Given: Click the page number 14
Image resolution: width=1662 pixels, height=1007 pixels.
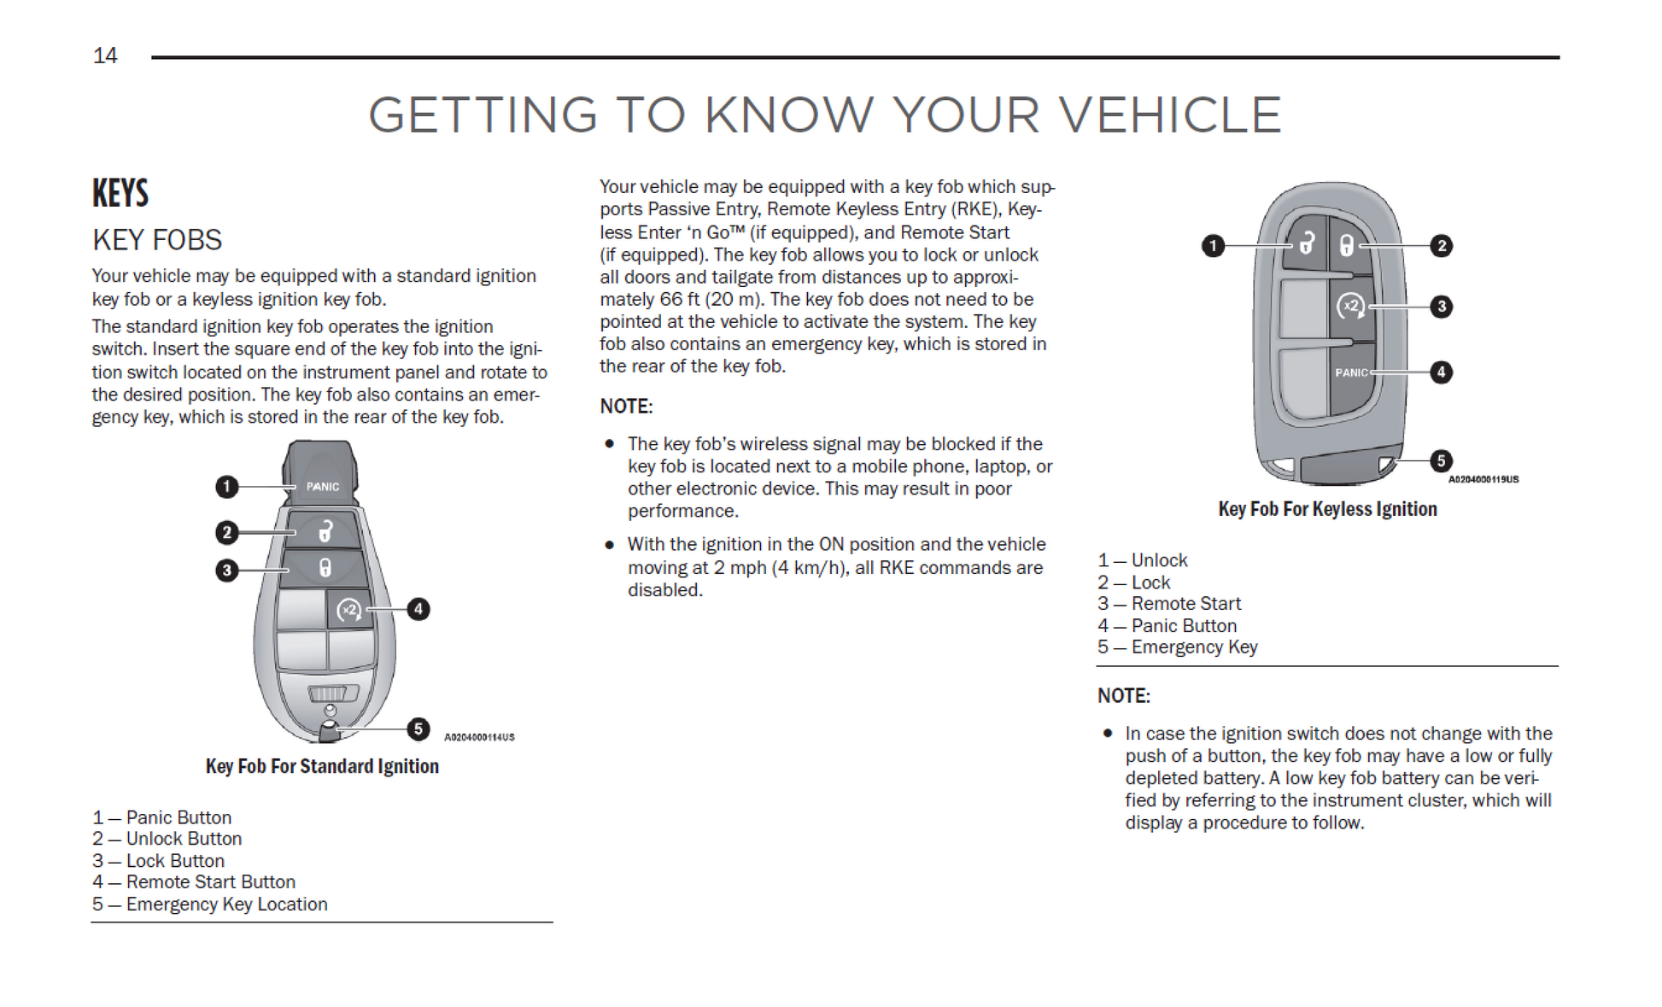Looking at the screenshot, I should [x=105, y=56].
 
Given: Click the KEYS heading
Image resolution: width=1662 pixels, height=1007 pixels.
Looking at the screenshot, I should [x=120, y=193].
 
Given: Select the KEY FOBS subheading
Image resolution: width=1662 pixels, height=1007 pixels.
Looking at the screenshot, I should [x=157, y=240].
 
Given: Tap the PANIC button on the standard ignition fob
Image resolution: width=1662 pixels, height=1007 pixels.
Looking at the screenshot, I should [x=323, y=486].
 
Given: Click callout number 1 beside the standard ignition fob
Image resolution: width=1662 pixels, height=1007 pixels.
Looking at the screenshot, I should [x=226, y=487].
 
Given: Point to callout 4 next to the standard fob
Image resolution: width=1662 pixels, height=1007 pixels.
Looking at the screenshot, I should [x=418, y=609].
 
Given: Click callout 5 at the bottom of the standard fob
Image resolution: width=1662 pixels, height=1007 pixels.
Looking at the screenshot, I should [x=418, y=729].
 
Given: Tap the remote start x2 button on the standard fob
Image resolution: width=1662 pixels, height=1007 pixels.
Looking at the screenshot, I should [x=349, y=610].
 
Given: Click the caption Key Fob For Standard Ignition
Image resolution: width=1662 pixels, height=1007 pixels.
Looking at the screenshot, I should [x=322, y=766].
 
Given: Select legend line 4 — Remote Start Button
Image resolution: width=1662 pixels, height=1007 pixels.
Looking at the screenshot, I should [x=194, y=882].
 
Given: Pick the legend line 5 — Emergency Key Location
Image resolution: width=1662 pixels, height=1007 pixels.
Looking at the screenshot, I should [x=210, y=905].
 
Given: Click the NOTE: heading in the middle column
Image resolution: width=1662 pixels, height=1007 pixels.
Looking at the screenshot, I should [x=626, y=407].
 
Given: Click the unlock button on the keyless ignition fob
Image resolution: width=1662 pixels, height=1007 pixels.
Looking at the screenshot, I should [x=1306, y=244].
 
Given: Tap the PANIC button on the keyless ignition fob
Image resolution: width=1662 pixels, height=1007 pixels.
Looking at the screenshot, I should [x=1351, y=372].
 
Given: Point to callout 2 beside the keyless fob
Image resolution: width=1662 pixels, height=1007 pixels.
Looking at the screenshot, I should [x=1442, y=246].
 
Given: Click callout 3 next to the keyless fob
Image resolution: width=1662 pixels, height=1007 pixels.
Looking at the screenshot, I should [x=1442, y=307].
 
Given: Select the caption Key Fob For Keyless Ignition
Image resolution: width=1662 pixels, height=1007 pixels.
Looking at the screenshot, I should [x=1327, y=509].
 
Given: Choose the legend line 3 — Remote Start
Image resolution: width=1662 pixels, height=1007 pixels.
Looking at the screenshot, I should [x=1169, y=604].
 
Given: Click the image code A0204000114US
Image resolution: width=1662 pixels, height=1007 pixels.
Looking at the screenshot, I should [x=479, y=737].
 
